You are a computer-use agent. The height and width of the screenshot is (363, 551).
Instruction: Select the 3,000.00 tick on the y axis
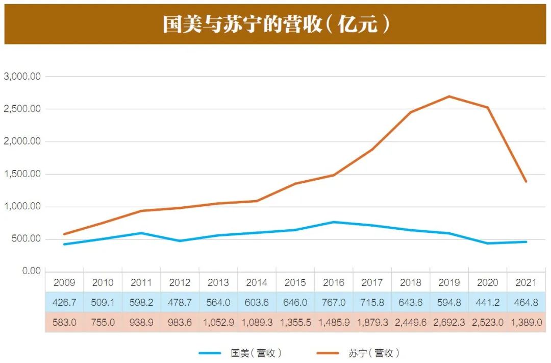[x=22, y=77]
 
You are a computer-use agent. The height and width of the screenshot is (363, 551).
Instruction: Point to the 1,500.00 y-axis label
[x=22, y=174]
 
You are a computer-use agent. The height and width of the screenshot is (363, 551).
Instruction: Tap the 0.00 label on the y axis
[x=30, y=271]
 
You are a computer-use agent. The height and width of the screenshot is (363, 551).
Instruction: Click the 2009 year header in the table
[x=64, y=282]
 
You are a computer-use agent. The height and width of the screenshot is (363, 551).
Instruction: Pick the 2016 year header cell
[x=334, y=282]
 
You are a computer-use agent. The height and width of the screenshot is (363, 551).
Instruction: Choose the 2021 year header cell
[x=526, y=282]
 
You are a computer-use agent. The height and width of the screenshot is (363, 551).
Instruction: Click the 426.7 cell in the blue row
[x=64, y=302]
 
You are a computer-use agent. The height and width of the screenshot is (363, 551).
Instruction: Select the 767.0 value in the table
[x=334, y=302]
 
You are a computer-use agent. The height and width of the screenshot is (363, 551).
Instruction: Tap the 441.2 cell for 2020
[x=488, y=302]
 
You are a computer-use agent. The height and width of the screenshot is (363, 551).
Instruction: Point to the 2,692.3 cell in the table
[x=449, y=322]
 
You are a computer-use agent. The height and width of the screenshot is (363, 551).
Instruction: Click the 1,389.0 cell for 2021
[x=526, y=322]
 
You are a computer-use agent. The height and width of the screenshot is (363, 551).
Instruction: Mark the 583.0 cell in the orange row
[x=64, y=322]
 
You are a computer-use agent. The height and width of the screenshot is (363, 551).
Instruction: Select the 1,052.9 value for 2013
[x=218, y=322]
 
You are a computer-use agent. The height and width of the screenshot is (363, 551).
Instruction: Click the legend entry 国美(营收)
[x=256, y=353]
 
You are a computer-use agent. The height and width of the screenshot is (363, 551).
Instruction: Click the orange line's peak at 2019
[x=449, y=96]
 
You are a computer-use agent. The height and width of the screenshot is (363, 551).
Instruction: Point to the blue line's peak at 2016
[x=334, y=222]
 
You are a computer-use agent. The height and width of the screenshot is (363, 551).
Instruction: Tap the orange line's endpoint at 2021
[x=526, y=181]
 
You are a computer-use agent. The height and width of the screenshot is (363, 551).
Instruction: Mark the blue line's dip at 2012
[x=180, y=240]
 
